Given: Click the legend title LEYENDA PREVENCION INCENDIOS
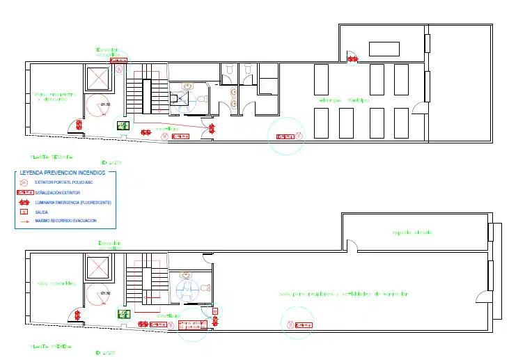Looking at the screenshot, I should click(63, 171).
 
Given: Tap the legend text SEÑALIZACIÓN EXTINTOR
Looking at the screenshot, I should click(58, 191).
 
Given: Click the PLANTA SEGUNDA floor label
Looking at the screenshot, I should click(52, 157).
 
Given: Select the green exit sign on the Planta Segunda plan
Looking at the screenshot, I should click(123, 126).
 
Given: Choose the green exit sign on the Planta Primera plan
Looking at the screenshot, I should click(124, 314).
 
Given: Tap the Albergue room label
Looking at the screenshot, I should click(344, 100).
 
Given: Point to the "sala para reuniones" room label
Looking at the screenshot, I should click(343, 294).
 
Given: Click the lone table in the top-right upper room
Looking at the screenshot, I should click(384, 49).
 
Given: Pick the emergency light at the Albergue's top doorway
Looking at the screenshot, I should click(353, 59).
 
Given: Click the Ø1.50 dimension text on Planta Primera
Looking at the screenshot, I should click(106, 293).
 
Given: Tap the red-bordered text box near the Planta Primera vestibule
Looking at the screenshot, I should click(194, 324).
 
